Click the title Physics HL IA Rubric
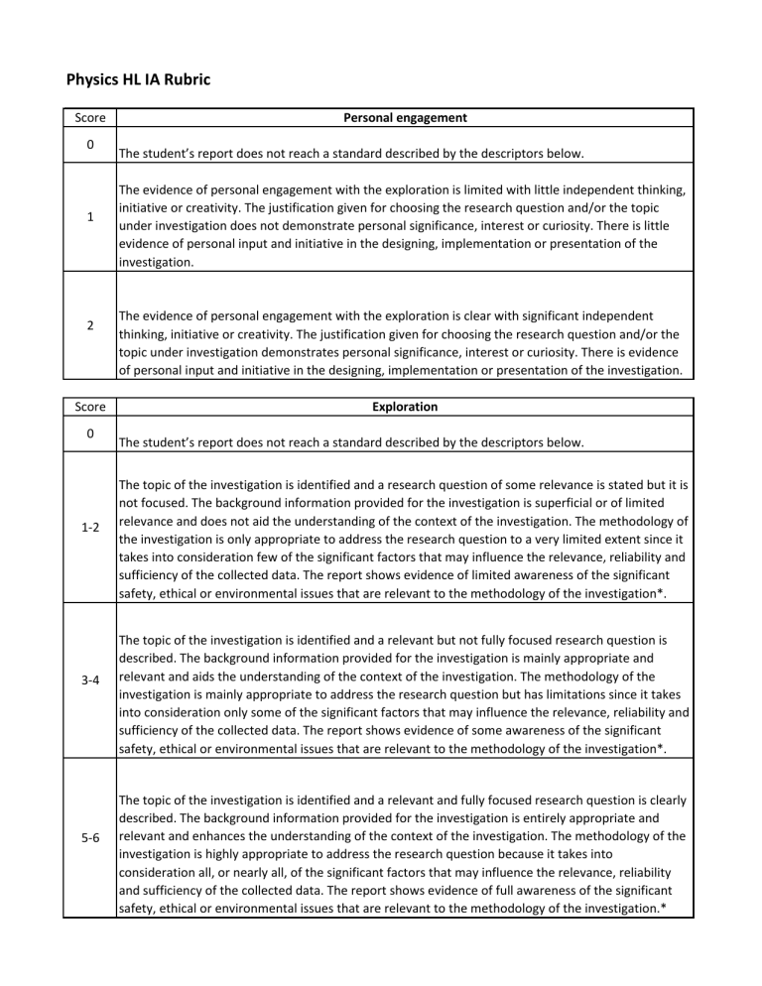pos(137,79)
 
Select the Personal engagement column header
pos(405,118)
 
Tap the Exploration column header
pos(405,407)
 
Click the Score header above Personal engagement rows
pos(89,118)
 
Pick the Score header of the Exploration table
pos(89,407)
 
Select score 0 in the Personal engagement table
pos(89,146)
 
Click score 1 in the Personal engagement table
pos(89,218)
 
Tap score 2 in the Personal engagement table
pos(89,325)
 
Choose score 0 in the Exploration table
pos(89,434)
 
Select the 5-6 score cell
pos(89,835)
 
